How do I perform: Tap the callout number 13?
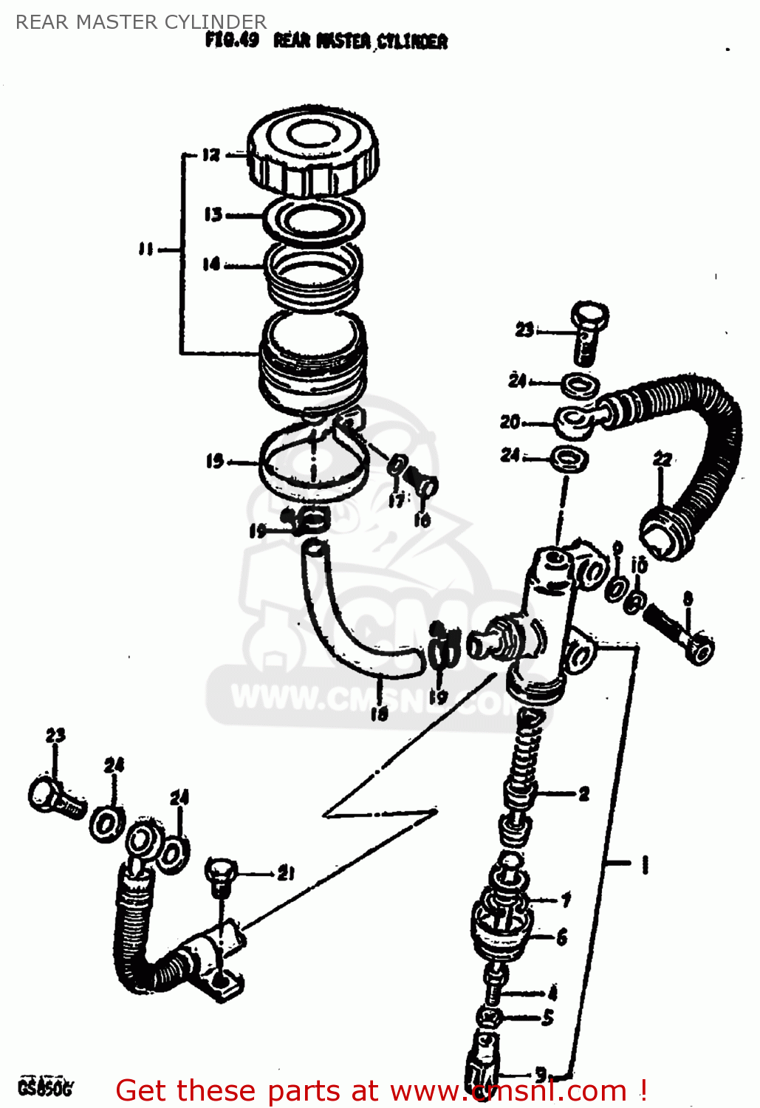213,214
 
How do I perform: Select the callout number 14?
211,264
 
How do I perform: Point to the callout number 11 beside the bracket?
146,249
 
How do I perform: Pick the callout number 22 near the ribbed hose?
663,459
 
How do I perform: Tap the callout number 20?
510,422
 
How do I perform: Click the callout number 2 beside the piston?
583,794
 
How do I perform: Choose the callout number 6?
561,937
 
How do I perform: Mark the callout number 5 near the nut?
547,1017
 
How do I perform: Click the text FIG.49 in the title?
232,40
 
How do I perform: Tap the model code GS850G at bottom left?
45,1087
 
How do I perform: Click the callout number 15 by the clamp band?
214,462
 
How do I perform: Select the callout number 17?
397,501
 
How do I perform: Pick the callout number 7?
565,900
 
